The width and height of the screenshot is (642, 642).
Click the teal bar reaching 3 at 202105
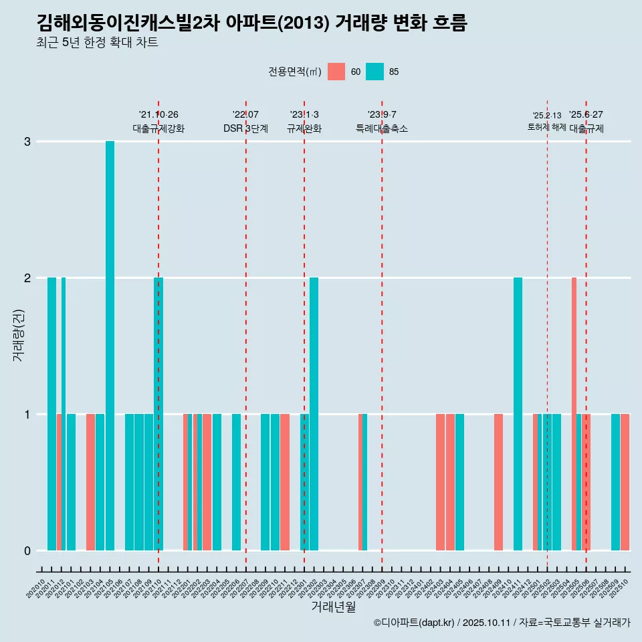(x=110, y=346)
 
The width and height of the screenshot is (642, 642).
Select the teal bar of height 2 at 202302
(x=314, y=414)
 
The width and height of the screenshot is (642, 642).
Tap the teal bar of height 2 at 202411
(x=518, y=414)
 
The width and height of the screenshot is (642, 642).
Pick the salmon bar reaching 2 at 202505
(x=574, y=414)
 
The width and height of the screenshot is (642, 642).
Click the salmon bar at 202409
(x=498, y=482)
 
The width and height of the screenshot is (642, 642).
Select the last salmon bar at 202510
(x=625, y=482)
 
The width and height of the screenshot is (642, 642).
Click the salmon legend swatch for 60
(x=336, y=72)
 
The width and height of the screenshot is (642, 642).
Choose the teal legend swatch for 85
(x=375, y=72)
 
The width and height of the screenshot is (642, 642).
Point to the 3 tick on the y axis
(x=27, y=142)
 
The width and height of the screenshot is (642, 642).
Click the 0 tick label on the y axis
(x=27, y=551)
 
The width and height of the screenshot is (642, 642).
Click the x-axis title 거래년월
(x=333, y=607)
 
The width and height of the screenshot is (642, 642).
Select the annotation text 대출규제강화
(x=158, y=128)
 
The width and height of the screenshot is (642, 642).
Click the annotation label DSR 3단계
(x=245, y=128)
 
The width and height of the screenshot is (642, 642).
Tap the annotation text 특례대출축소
(x=381, y=128)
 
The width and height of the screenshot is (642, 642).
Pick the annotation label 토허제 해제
(x=546, y=127)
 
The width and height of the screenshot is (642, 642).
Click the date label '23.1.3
(x=304, y=114)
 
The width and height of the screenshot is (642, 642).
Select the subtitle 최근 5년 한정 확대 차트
(x=97, y=43)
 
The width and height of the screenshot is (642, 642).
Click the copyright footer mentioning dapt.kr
(x=502, y=623)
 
